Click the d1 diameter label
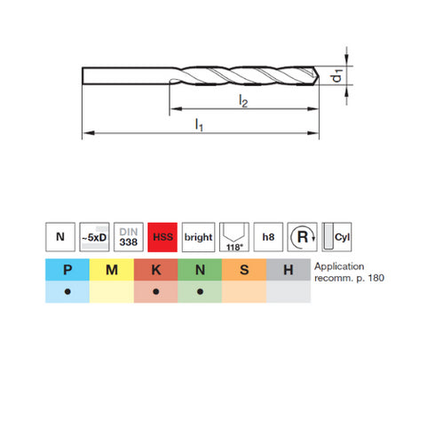coord(338,77)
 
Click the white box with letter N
coord(59,238)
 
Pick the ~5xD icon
coord(94,238)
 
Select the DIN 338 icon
coord(129,238)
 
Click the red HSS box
coord(163,238)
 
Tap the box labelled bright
coord(198,238)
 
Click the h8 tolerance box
coord(267,238)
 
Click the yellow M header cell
coord(111,270)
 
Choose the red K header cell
coord(155,270)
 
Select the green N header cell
coord(200,270)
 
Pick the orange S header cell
coord(244,270)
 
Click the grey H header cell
coord(289,270)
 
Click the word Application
coord(340,265)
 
